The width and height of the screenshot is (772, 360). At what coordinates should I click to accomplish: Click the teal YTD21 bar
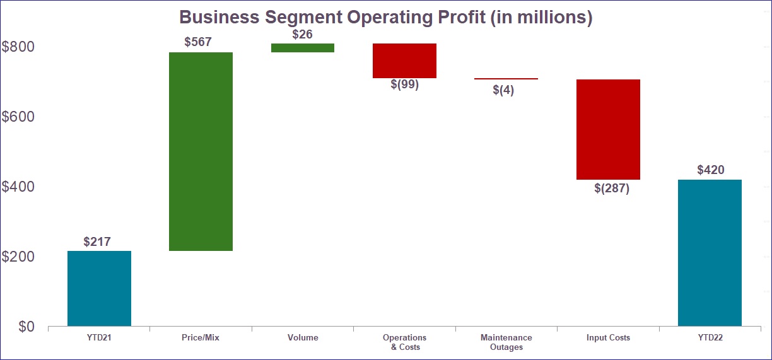point(99,288)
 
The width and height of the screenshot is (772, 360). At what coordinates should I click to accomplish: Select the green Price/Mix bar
point(201,151)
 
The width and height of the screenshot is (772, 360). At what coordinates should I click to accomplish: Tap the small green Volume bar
point(303,48)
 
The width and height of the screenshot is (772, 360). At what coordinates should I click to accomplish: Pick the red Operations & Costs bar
point(404,61)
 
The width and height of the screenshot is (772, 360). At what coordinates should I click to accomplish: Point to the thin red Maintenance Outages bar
point(506,79)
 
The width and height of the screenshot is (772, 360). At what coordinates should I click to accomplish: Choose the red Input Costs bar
point(608,129)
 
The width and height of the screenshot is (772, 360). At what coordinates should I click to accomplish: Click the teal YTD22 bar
point(710,252)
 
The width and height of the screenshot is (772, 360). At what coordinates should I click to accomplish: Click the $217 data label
point(97,241)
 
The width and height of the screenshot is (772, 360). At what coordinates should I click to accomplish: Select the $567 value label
point(198,42)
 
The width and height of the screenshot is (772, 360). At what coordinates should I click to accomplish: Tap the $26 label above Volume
point(302,35)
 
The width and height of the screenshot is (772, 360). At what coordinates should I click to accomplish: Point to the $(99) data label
point(404,84)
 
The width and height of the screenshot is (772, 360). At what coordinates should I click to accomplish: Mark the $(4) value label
point(503,90)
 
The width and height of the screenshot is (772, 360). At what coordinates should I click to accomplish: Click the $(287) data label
point(612,188)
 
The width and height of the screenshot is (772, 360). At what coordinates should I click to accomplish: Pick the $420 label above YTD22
point(711,170)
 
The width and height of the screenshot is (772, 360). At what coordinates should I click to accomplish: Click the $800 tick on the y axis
point(18,47)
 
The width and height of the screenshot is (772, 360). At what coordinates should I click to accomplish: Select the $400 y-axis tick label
point(18,187)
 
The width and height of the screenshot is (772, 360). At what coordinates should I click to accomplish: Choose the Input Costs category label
point(608,338)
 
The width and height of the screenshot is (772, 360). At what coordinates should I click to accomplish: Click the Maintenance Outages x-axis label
point(506,342)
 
